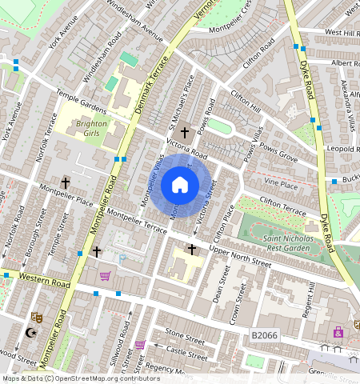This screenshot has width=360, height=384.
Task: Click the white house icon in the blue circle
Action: coord(180,186)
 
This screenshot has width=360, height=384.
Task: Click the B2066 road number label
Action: coord(264,335)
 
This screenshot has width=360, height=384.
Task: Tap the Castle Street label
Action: coord(186,350)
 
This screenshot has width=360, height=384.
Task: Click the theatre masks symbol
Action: coord(36,318)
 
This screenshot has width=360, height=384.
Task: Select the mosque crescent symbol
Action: coord(31,334)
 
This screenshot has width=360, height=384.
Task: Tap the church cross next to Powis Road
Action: coord(185,132)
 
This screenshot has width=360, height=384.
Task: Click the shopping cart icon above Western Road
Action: coord(104,276)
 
